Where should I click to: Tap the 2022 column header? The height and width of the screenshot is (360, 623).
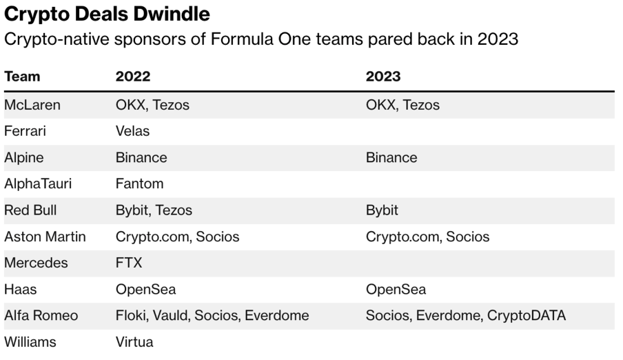click(133, 77)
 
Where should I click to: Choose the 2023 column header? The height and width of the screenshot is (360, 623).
click(383, 77)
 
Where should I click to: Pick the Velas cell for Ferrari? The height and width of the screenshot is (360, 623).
click(132, 131)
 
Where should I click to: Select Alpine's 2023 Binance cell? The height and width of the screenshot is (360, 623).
click(391, 157)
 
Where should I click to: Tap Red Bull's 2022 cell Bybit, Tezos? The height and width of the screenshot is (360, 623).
click(154, 210)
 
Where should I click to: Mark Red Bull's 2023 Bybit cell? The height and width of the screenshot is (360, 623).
click(382, 210)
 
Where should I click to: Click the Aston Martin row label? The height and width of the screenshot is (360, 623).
click(45, 237)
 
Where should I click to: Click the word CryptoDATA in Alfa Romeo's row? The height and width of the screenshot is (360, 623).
click(527, 316)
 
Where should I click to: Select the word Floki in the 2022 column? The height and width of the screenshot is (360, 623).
click(130, 316)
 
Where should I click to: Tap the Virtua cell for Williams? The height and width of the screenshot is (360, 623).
click(134, 342)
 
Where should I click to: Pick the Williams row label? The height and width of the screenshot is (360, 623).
click(30, 342)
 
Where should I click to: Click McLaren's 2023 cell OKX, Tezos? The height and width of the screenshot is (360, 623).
click(402, 105)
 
